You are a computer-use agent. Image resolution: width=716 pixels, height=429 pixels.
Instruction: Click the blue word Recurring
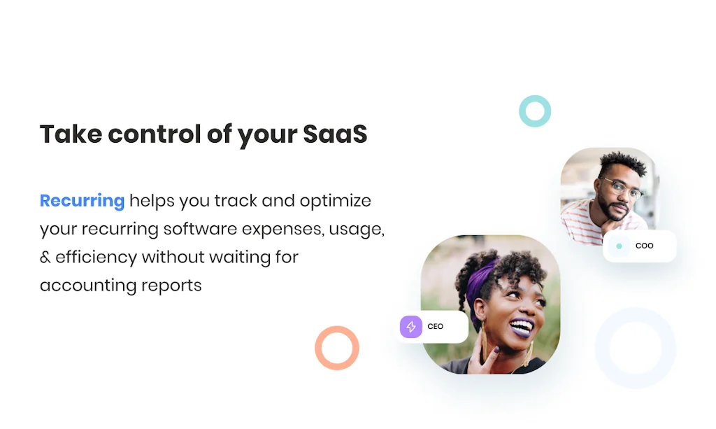[x=83, y=201]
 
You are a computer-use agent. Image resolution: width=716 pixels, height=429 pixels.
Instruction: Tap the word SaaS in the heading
[x=335, y=134]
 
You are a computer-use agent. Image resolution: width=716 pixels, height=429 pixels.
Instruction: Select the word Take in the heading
[x=71, y=134]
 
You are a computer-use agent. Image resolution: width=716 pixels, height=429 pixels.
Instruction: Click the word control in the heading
[x=155, y=134]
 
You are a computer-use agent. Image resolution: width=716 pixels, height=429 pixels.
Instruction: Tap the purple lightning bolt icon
[x=411, y=327]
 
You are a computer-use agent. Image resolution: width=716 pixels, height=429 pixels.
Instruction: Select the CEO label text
[x=435, y=327]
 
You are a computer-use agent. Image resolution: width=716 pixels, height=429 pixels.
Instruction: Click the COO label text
[x=644, y=246]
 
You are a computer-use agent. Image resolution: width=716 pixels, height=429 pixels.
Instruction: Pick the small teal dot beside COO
[x=620, y=246]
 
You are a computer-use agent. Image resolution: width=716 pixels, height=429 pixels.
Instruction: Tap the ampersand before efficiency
[x=45, y=258]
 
